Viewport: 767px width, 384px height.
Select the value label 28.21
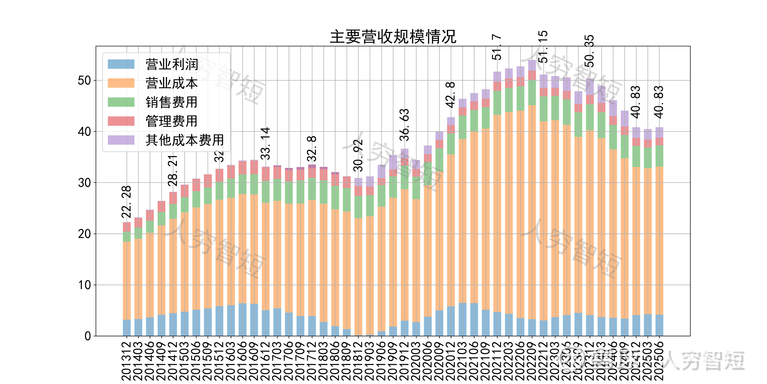173,171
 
